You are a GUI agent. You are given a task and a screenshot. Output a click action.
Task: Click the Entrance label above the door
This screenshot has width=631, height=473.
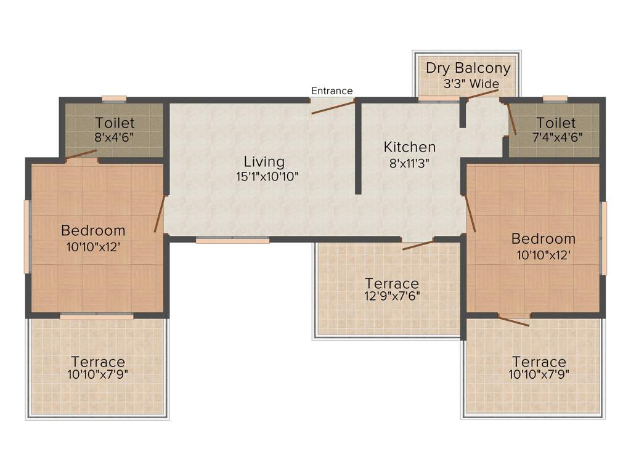332,91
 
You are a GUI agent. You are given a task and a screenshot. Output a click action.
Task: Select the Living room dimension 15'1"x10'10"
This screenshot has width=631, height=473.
264,177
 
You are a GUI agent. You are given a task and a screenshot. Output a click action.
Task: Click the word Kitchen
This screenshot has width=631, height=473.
410,147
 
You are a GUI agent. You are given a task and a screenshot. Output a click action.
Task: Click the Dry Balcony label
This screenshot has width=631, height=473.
468,68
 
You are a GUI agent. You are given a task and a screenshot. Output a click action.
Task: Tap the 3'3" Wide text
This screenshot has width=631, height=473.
471,84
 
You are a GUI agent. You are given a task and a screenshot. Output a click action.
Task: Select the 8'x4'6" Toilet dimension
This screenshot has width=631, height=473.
114,137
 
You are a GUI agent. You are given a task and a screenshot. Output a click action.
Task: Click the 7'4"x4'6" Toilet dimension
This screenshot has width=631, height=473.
556,137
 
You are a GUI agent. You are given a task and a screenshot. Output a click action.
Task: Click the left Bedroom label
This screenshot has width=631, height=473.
93,230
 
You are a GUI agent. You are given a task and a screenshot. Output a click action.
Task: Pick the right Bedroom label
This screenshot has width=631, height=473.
543,238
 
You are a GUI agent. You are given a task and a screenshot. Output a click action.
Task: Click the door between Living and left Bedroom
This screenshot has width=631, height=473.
159,214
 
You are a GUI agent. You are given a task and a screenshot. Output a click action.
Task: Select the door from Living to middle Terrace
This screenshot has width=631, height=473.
418,245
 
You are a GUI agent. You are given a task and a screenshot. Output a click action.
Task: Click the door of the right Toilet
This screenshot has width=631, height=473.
511,118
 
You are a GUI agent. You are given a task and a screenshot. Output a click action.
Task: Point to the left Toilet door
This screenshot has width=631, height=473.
80,155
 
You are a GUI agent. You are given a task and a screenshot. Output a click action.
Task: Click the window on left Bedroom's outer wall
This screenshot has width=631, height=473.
26,236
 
